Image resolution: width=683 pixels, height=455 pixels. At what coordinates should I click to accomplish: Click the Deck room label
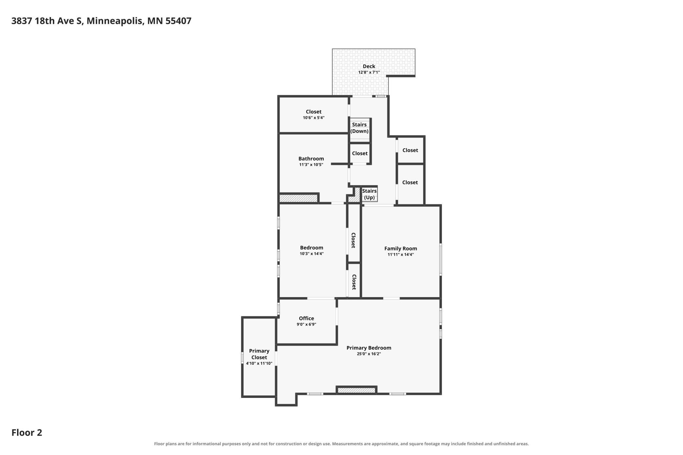pyautogui.click(x=369, y=66)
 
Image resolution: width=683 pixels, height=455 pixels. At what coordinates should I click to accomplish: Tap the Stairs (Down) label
pyautogui.click(x=359, y=128)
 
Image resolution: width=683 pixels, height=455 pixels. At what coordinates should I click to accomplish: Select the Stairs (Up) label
pyautogui.click(x=369, y=194)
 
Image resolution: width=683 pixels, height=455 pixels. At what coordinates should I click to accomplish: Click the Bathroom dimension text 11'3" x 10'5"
pyautogui.click(x=311, y=164)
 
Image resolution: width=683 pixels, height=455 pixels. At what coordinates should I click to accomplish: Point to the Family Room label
pyautogui.click(x=401, y=249)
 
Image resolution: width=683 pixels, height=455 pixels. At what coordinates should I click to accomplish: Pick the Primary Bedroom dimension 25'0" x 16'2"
pyautogui.click(x=369, y=354)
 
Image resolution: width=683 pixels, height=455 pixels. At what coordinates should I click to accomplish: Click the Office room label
pyautogui.click(x=306, y=318)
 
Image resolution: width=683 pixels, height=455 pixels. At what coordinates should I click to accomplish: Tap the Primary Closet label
pyautogui.click(x=259, y=354)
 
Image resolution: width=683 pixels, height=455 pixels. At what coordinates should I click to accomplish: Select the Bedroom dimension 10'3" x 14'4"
pyautogui.click(x=312, y=253)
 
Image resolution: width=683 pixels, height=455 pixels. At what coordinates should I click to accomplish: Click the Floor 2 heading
pyautogui.click(x=27, y=432)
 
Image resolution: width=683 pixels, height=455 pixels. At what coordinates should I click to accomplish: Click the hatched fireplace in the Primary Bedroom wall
pyautogui.click(x=356, y=390)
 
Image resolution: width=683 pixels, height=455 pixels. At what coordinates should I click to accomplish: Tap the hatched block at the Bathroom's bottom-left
pyautogui.click(x=298, y=198)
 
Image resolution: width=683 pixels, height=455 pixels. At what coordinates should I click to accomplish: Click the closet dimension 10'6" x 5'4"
pyautogui.click(x=314, y=118)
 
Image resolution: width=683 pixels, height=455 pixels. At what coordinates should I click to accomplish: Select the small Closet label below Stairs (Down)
pyautogui.click(x=360, y=153)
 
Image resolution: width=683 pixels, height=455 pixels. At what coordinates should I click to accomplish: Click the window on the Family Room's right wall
pyautogui.click(x=441, y=259)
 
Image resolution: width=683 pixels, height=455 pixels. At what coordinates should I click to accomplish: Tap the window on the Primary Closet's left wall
pyautogui.click(x=242, y=357)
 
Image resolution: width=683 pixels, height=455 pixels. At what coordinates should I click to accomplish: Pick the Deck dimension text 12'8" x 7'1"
pyautogui.click(x=369, y=72)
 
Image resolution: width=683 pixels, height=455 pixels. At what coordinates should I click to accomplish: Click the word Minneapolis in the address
pyautogui.click(x=115, y=21)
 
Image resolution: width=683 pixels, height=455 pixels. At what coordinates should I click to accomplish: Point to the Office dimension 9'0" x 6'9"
pyautogui.click(x=306, y=324)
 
